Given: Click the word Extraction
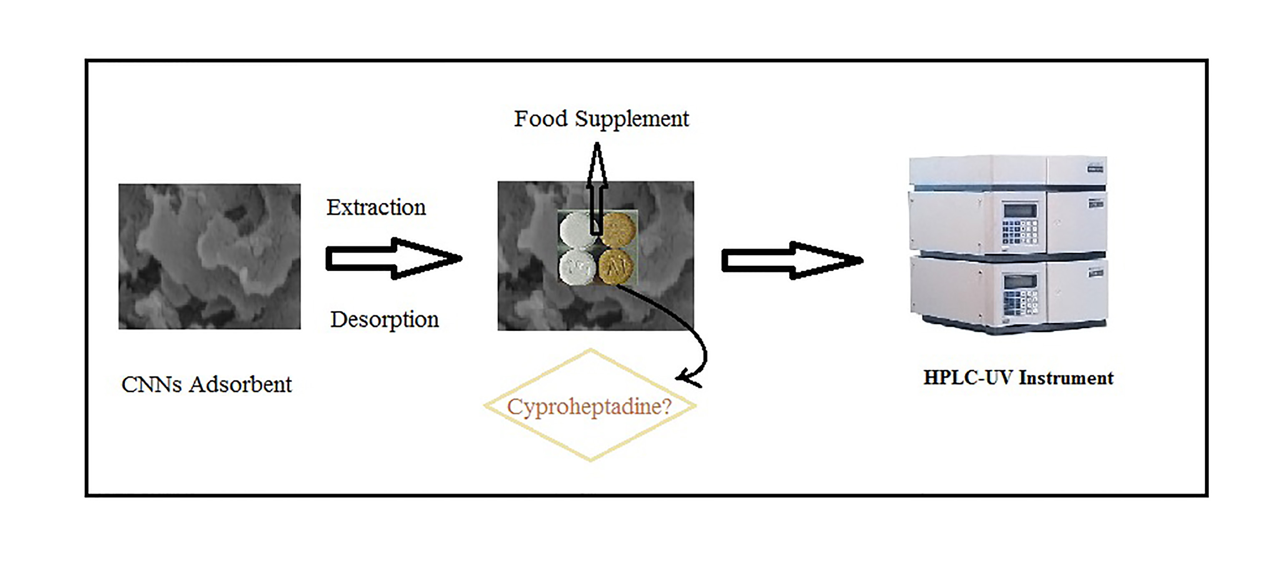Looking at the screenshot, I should coord(376,207).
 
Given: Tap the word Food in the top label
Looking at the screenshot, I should coord(541,119).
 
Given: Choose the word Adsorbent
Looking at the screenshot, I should coord(240,385).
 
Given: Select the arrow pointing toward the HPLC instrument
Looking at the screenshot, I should coord(792,260).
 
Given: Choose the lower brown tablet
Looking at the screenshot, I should coord(617,267).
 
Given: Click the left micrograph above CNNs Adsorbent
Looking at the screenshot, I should coord(209,256).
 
